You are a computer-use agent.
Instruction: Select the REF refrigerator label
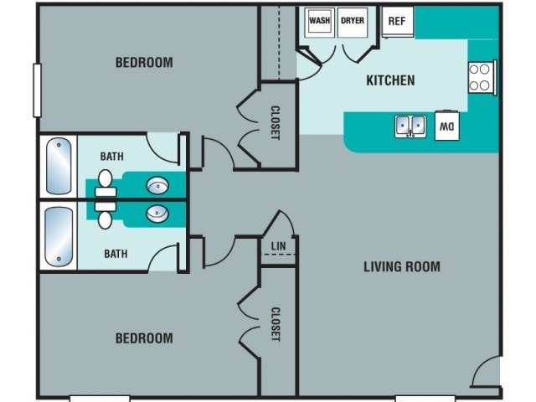click(397, 21)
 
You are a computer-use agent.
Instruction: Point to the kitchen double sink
click(410, 126)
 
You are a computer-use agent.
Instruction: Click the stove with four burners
click(482, 78)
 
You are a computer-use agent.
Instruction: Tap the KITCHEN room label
click(390, 81)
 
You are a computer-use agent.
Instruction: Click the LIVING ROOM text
click(401, 267)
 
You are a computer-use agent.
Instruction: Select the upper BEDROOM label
click(144, 62)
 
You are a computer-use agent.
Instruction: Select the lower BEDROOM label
click(144, 338)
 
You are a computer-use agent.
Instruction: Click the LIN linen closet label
click(279, 246)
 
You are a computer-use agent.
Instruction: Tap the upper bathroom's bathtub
click(58, 166)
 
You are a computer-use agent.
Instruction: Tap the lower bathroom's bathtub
click(58, 235)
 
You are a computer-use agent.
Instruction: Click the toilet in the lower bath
click(106, 216)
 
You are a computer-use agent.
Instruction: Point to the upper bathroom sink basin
click(157, 185)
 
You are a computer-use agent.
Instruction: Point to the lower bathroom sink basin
click(157, 214)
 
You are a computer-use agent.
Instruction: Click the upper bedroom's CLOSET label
click(275, 122)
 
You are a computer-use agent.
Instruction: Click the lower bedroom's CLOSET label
click(275, 324)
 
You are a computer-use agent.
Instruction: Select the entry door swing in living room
click(486, 373)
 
